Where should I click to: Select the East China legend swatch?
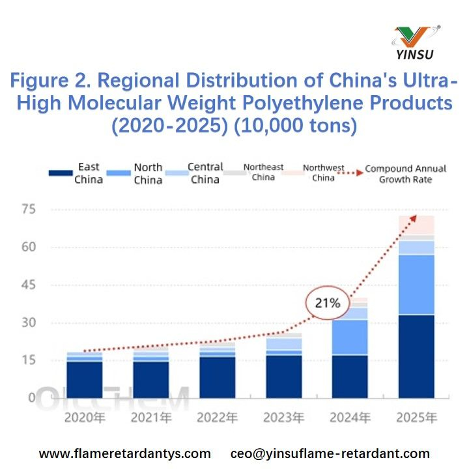pyautogui.click(x=60, y=173)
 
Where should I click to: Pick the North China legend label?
pyautogui.click(x=148, y=173)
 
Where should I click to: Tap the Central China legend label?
pyautogui.click(x=205, y=173)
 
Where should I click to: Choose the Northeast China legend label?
pyautogui.click(x=263, y=172)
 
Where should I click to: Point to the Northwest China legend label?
pyautogui.click(x=323, y=173)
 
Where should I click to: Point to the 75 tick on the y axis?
pyautogui.click(x=27, y=210)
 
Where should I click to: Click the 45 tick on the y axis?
pyautogui.click(x=27, y=285)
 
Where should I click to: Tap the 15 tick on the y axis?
pyautogui.click(x=27, y=360)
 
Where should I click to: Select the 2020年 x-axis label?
pyautogui.click(x=84, y=418)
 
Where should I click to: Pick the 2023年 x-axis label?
pyautogui.click(x=284, y=418)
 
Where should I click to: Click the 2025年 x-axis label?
pyautogui.click(x=417, y=418)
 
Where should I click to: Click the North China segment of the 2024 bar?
pyautogui.click(x=350, y=337)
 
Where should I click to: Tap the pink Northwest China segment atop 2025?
pyautogui.click(x=417, y=225)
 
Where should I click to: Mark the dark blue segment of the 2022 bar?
pyautogui.click(x=218, y=377)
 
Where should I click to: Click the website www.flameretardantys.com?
pyautogui.click(x=125, y=453)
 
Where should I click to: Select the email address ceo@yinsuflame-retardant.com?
pyautogui.click(x=330, y=453)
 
